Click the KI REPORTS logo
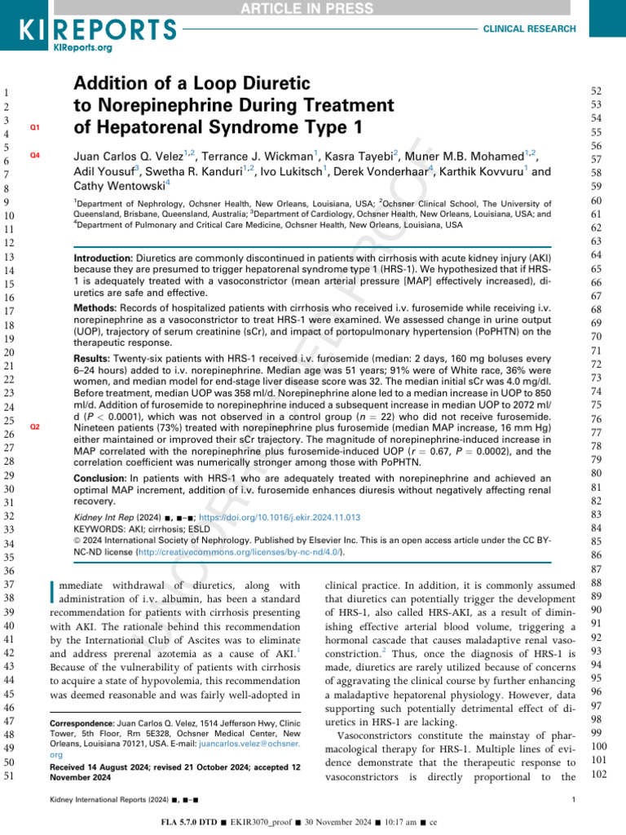click(x=97, y=29)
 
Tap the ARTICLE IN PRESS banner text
click(x=312, y=8)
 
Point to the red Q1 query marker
click(x=34, y=128)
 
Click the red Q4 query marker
click(x=34, y=155)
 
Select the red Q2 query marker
click(x=34, y=427)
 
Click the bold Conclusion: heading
click(x=104, y=478)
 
